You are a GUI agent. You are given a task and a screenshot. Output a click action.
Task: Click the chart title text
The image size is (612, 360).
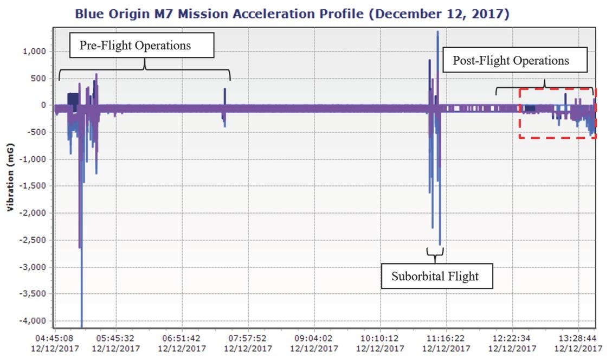292,14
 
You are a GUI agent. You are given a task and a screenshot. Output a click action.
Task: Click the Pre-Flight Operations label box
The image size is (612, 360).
142,46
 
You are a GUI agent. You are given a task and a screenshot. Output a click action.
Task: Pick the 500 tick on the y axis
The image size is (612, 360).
39,79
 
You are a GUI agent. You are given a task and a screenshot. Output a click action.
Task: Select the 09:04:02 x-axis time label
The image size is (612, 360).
315,338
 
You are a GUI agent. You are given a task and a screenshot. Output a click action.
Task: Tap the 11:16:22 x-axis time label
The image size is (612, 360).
446,338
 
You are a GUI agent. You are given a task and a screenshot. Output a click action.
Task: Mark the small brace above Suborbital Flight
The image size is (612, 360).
435,252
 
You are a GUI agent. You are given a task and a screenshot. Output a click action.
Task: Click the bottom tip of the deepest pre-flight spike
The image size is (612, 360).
82,326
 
